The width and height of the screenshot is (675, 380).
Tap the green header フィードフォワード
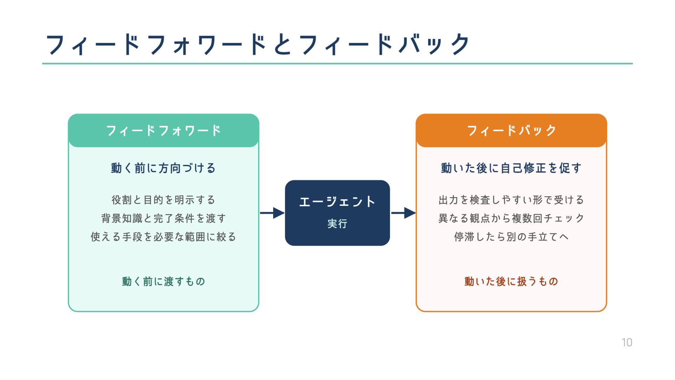coord(163,131)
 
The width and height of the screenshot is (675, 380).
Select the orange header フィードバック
coord(512,131)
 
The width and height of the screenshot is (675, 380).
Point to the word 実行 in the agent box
coord(337,224)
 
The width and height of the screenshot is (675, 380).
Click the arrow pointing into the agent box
coord(272,213)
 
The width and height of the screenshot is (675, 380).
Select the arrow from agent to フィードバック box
coord(403,213)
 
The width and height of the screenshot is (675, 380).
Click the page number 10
coord(627,342)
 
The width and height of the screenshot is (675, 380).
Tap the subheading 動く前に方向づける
coord(163,168)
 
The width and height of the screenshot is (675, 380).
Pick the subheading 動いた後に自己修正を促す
coord(512,168)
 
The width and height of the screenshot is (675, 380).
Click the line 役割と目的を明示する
coord(163,200)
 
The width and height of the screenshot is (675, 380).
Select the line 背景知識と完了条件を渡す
coord(163,218)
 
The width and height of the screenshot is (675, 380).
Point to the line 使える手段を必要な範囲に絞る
coord(163,237)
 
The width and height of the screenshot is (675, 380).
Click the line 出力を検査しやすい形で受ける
coord(512,200)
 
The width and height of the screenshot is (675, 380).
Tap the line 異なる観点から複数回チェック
coord(512,218)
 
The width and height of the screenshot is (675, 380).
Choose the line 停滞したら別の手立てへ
coord(512,237)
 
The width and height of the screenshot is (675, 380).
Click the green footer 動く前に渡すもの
coord(163,281)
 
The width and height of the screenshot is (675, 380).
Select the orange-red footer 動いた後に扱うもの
coord(512,281)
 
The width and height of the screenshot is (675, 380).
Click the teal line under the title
coord(337,64)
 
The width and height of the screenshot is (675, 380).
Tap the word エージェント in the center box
coord(337,202)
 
